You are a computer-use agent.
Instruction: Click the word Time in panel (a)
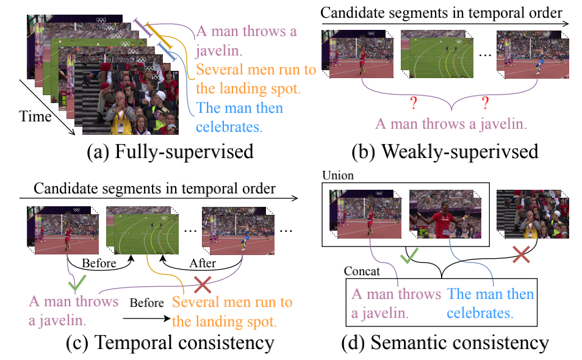click(35, 117)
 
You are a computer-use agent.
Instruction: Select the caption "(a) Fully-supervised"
click(170, 151)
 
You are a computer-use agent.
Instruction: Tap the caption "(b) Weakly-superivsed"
click(445, 151)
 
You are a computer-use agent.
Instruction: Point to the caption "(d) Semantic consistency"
click(445, 342)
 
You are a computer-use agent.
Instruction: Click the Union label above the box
click(338, 175)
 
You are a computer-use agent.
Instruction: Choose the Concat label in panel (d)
click(362, 272)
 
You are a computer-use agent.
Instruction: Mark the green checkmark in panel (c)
click(77, 283)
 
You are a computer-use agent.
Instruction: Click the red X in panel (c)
click(203, 284)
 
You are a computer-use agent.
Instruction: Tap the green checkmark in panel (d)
click(409, 255)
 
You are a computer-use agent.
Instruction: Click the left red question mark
click(414, 103)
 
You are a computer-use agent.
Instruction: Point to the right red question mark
click(485, 103)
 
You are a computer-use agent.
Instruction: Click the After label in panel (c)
click(203, 263)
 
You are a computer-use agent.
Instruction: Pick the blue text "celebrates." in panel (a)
click(229, 127)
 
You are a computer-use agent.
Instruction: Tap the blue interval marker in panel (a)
click(167, 52)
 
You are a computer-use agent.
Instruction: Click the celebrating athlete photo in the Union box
click(445, 214)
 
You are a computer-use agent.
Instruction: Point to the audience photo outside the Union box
click(533, 214)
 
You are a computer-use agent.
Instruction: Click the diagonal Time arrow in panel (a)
click(47, 107)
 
